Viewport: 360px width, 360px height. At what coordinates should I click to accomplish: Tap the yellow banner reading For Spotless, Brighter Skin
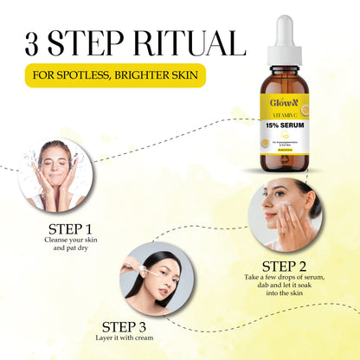click(116, 74)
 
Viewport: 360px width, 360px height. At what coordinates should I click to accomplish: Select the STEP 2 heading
click(284, 265)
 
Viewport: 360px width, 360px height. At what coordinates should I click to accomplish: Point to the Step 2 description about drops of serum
click(284, 286)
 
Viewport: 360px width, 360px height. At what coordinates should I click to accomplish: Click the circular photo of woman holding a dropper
click(157, 282)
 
